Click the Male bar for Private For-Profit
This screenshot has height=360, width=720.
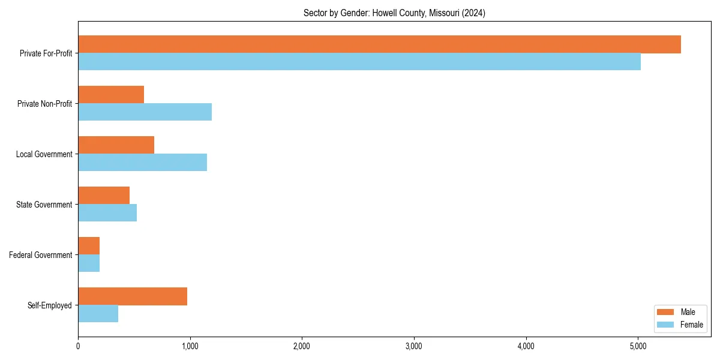pos(379,44)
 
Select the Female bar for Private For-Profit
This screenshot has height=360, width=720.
pos(359,62)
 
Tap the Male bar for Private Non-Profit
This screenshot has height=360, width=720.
pos(111,95)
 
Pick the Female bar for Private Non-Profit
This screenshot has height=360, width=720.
pos(145,112)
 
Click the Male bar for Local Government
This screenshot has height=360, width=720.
pos(116,145)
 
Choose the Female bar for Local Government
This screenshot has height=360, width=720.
pos(142,163)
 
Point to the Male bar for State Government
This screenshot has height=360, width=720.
pos(104,196)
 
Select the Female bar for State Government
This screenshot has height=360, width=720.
pos(107,213)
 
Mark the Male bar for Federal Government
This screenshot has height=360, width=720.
pos(89,246)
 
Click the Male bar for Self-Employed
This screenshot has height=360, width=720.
pos(133,296)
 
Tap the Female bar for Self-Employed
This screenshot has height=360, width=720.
pos(98,314)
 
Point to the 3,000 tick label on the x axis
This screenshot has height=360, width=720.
pos(414,346)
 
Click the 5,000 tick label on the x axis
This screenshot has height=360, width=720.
pos(638,346)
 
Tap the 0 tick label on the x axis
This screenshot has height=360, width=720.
pos(78,346)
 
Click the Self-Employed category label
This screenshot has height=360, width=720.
pos(49,305)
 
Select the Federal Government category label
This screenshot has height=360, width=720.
pos(41,255)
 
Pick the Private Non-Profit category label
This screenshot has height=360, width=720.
pos(44,104)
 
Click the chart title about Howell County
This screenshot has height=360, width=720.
pos(394,13)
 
